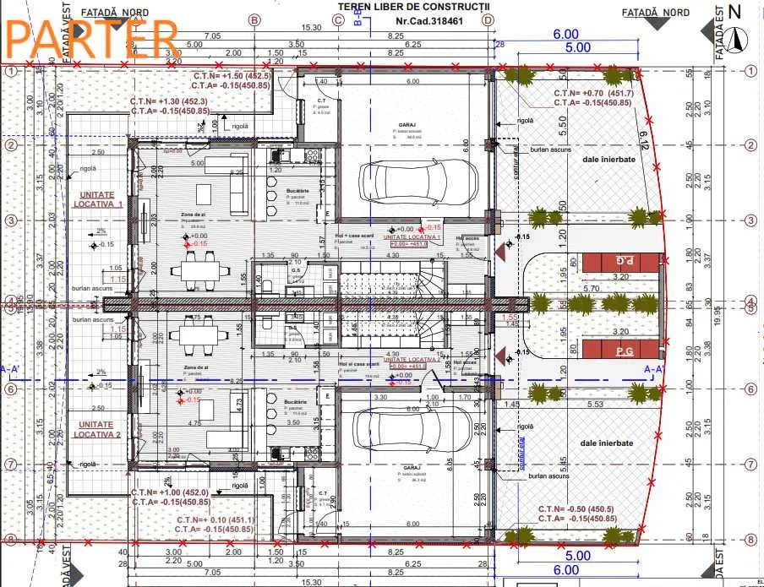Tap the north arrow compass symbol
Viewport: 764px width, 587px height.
tap(739, 38)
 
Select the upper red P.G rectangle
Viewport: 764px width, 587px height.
tap(624, 262)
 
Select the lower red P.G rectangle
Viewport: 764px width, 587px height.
tap(624, 350)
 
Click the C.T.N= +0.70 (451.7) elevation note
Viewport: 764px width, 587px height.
tap(592, 93)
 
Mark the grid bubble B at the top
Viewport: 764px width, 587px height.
tap(253, 19)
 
